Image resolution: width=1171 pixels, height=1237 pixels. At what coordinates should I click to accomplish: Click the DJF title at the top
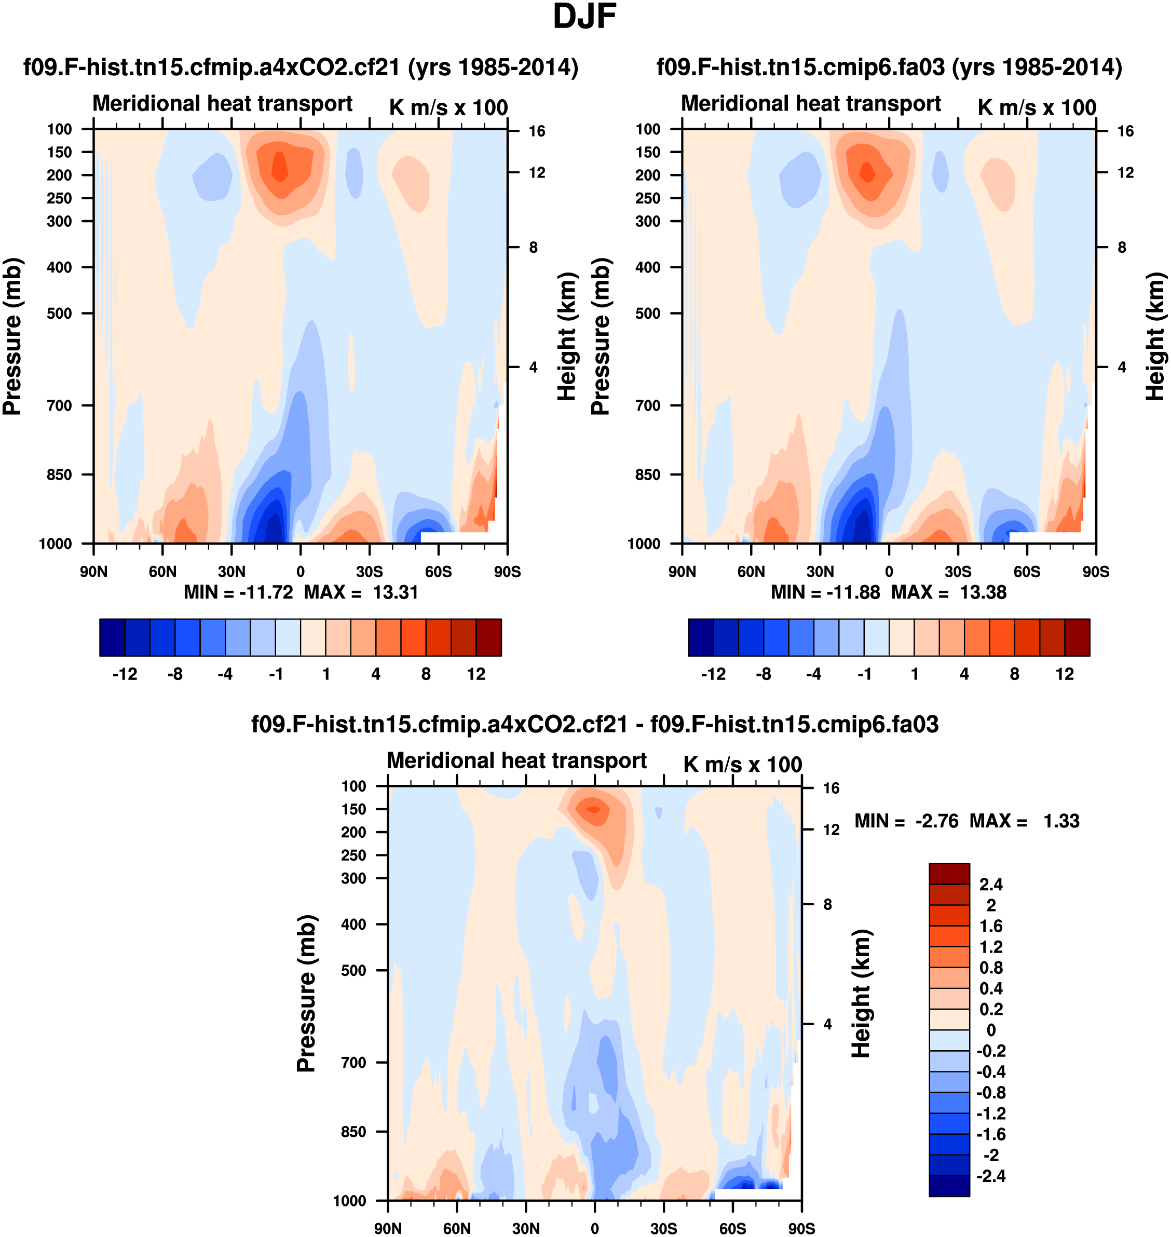pyautogui.click(x=584, y=17)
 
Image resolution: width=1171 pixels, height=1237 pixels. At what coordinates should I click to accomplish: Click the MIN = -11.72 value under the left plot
pyautogui.click(x=238, y=592)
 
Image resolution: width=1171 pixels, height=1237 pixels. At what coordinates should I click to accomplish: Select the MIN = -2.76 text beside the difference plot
pyautogui.click(x=906, y=821)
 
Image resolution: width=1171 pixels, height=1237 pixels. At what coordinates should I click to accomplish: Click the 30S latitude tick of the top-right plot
pyautogui.click(x=958, y=572)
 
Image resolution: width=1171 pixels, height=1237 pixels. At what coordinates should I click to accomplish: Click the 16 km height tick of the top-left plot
pyautogui.click(x=537, y=131)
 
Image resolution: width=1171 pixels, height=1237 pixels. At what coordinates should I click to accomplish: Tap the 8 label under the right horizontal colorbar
pyautogui.click(x=1014, y=674)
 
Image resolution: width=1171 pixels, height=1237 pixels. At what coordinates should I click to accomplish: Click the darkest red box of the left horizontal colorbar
pyautogui.click(x=489, y=637)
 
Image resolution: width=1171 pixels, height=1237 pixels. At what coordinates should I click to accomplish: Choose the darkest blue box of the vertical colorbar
pyautogui.click(x=949, y=1186)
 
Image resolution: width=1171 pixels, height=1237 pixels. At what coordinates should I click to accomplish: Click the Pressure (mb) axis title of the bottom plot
pyautogui.click(x=306, y=994)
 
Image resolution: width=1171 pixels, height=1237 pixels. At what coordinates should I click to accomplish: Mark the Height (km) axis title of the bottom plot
pyautogui.click(x=862, y=994)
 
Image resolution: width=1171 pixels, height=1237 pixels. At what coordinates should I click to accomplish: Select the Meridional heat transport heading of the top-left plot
pyautogui.click(x=222, y=104)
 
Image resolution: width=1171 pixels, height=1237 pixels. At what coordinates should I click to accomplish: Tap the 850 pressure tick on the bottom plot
pyautogui.click(x=353, y=1132)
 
